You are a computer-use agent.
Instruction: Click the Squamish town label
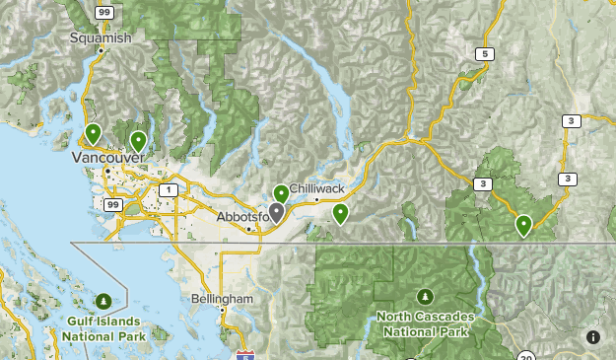(x=101, y=37)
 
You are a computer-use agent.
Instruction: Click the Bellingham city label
(x=224, y=298)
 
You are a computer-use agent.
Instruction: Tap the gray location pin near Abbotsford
(x=277, y=211)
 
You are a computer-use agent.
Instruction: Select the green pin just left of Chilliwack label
(x=281, y=193)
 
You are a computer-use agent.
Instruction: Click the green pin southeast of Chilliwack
(x=340, y=213)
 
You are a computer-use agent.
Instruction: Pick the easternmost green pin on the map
(x=523, y=225)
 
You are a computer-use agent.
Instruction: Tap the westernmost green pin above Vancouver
(x=93, y=133)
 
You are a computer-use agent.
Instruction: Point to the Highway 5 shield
(x=483, y=53)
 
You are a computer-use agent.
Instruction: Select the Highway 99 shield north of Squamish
(x=104, y=11)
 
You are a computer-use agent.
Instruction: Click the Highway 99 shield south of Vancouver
(x=113, y=204)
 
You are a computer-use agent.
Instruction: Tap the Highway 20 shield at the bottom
(x=527, y=356)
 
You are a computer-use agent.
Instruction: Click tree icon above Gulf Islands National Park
(x=103, y=301)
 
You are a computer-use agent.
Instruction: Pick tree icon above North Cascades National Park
(x=424, y=296)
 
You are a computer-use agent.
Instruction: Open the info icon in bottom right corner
(x=593, y=337)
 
